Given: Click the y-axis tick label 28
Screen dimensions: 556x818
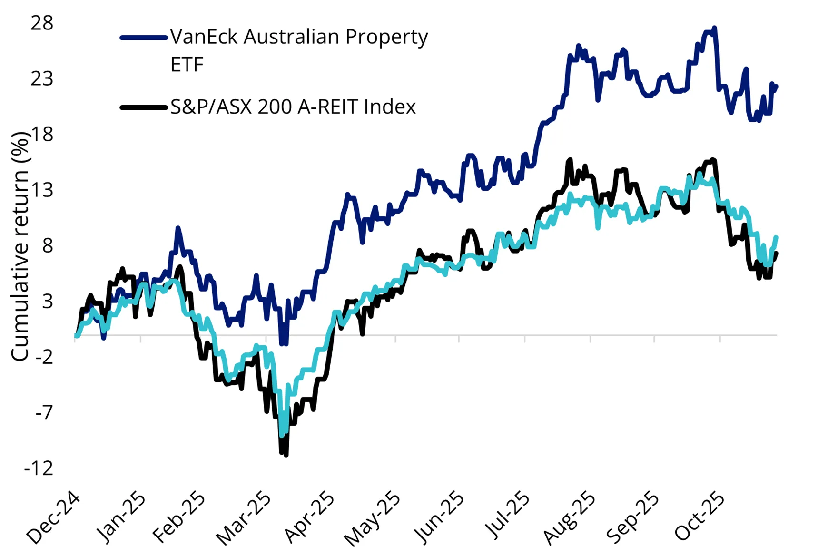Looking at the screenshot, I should point(42,23).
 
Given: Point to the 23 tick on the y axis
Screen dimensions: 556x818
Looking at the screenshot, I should point(42,78).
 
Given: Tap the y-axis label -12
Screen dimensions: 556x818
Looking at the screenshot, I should point(39,468).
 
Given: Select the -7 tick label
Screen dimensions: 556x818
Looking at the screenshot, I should point(44,412).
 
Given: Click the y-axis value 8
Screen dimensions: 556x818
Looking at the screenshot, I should point(47,246).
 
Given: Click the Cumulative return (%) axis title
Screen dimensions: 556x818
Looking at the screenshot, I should point(20,246).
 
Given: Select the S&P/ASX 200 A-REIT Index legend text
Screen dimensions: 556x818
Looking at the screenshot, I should point(293,107).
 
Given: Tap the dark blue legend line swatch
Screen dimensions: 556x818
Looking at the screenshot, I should point(144,38).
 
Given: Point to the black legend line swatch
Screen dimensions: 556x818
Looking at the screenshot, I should point(144,107).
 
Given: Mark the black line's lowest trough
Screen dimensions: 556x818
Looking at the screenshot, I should point(286,455).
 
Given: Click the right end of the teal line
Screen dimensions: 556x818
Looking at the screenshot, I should point(776,237).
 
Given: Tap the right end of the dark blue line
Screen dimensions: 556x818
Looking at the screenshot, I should point(776,86).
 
